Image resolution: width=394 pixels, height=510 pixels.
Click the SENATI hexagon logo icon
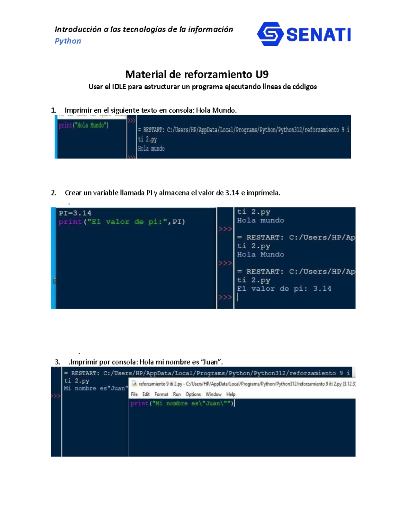[x=270, y=34]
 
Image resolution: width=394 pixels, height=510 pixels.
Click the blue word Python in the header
[x=68, y=41]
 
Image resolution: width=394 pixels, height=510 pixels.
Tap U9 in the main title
[x=262, y=75]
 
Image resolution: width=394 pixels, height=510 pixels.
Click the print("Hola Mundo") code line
[x=83, y=125]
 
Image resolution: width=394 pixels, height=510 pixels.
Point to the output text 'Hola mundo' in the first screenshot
[x=151, y=149]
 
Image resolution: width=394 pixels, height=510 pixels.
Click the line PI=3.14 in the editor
[x=75, y=213]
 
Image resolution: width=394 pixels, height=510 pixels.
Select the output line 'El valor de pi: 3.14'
[x=284, y=289]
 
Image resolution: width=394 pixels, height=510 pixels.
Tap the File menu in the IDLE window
[x=134, y=394]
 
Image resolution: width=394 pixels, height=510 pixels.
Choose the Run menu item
[x=177, y=394]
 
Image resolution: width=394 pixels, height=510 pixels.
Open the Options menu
[x=193, y=394]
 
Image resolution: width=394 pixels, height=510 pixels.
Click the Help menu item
[x=231, y=394]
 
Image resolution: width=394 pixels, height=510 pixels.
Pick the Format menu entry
[x=161, y=394]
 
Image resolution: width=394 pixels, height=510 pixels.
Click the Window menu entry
[x=213, y=394]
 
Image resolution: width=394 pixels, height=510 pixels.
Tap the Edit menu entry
[x=146, y=394]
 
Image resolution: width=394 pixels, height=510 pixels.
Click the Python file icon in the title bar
[x=134, y=384]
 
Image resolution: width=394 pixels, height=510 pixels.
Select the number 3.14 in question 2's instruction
[x=232, y=193]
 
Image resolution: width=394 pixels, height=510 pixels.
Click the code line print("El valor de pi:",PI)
[x=122, y=222]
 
